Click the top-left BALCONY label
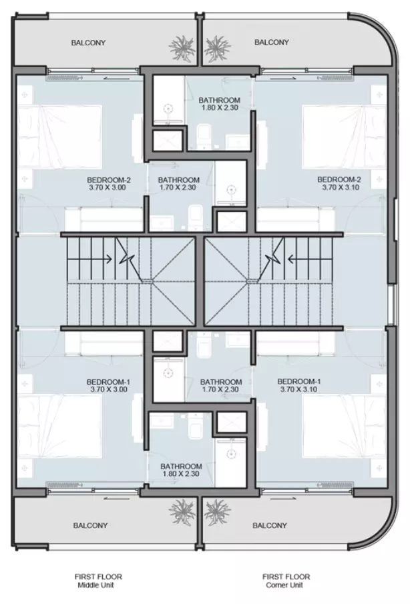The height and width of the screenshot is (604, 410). pyautogui.click(x=88, y=43)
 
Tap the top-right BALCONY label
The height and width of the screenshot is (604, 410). pyautogui.click(x=272, y=42)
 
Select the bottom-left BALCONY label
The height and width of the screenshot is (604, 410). pyautogui.click(x=91, y=525)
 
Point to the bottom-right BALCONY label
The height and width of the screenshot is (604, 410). pyautogui.click(x=270, y=525)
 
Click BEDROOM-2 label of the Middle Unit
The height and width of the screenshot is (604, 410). pyautogui.click(x=109, y=184)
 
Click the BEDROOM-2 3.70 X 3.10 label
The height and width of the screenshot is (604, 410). pyautogui.click(x=339, y=183)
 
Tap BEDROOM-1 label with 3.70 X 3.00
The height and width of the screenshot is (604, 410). pyautogui.click(x=108, y=385)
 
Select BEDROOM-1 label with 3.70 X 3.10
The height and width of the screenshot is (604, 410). pyautogui.click(x=299, y=385)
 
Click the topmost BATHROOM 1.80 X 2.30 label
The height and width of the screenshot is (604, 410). pyautogui.click(x=220, y=103)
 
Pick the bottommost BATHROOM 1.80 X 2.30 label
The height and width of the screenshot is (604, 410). pyautogui.click(x=181, y=470)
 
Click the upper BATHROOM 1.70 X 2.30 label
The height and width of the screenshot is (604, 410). pyautogui.click(x=178, y=184)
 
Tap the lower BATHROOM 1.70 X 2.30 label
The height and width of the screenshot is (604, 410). pyautogui.click(x=221, y=385)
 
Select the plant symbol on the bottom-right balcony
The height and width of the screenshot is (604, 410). pyautogui.click(x=217, y=512)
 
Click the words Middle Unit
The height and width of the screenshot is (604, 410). pyautogui.click(x=95, y=585)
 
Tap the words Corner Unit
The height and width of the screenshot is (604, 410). pyautogui.click(x=284, y=585)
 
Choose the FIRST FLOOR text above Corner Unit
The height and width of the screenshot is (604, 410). pyautogui.click(x=286, y=577)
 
